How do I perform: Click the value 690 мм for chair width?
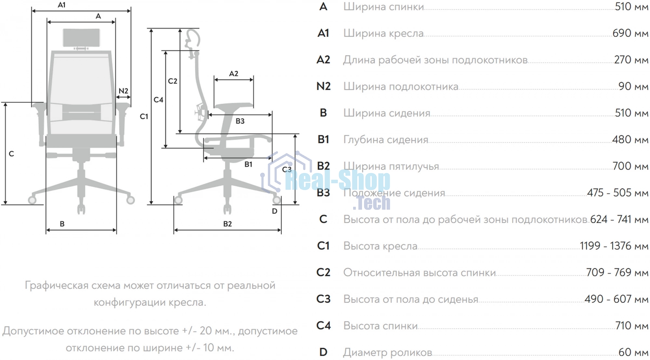(630, 33)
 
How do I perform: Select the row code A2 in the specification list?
(323, 60)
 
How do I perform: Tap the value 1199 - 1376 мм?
(614, 246)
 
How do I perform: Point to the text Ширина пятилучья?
(391, 167)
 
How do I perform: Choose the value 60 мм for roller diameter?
(633, 352)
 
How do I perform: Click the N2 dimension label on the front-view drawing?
(123, 91)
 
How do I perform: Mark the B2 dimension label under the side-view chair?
(227, 224)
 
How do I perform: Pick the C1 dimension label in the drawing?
(144, 116)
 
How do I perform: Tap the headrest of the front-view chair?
(81, 38)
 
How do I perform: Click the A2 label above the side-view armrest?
(234, 73)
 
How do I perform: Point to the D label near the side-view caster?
(275, 211)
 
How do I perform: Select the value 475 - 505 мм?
(618, 193)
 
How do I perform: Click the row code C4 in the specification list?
(323, 326)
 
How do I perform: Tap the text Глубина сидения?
(386, 140)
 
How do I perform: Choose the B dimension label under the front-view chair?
(62, 224)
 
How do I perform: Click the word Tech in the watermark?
(371, 203)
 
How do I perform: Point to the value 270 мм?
(631, 60)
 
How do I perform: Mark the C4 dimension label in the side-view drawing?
(158, 100)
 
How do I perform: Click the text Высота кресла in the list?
(380, 246)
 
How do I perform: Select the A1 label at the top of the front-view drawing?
(61, 5)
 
